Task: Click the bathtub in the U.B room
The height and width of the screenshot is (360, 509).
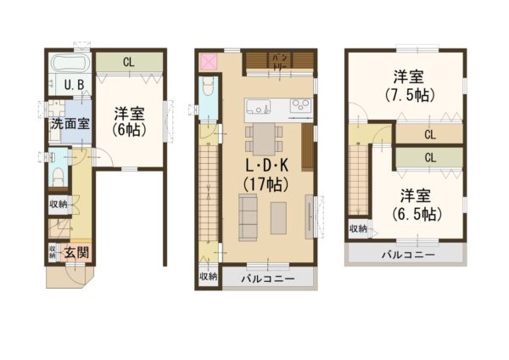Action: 67,64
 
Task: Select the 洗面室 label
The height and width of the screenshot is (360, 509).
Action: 69,123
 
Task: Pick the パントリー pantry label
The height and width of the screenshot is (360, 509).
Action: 279,61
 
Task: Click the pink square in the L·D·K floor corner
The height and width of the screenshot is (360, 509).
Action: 208,62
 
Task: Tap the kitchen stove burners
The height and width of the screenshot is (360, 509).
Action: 301,106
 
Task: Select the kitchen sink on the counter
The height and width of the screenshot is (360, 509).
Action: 258,106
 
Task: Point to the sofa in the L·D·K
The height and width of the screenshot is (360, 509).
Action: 249,216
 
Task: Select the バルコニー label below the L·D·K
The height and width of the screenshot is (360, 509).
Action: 267,278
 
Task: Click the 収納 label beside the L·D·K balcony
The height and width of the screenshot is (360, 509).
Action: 207,277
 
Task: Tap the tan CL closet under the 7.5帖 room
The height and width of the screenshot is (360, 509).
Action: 430,134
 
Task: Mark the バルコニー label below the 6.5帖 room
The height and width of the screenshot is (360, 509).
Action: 407,254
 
